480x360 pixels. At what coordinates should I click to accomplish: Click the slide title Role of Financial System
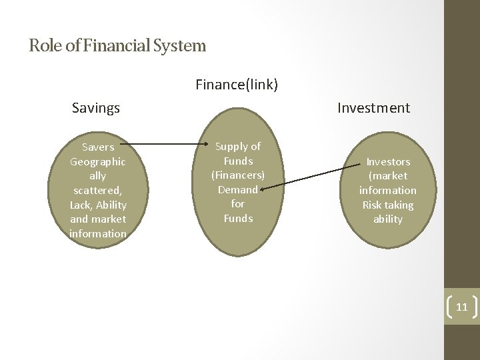click(x=117, y=46)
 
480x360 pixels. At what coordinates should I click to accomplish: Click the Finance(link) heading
click(x=237, y=85)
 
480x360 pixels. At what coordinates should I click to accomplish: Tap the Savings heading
click(x=96, y=107)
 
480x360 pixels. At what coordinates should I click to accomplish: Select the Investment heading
click(x=373, y=107)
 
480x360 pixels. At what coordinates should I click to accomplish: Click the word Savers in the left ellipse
click(x=98, y=147)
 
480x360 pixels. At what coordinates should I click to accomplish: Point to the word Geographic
click(x=98, y=161)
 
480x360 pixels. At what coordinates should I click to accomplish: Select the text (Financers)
click(x=238, y=175)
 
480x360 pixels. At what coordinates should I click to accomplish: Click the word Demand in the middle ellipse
click(x=237, y=189)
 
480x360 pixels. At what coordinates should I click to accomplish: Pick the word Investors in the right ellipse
click(x=388, y=161)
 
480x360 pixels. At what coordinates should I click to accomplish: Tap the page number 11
click(x=461, y=307)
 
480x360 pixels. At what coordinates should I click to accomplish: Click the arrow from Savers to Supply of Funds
click(x=167, y=143)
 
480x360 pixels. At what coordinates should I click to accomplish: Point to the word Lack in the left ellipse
click(x=82, y=205)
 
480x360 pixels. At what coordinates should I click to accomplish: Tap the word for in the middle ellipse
click(x=238, y=204)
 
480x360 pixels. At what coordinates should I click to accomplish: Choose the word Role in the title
click(x=41, y=46)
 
